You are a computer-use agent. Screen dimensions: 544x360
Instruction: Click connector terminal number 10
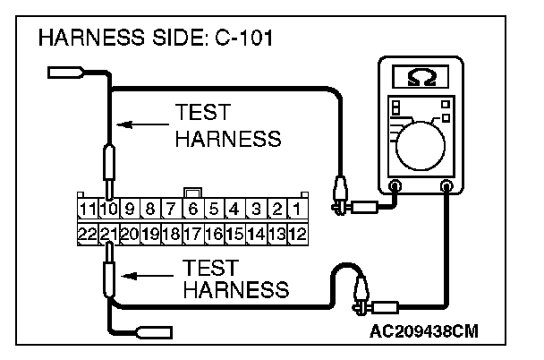[x=107, y=211]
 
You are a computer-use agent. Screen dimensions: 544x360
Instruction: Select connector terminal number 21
[x=107, y=234]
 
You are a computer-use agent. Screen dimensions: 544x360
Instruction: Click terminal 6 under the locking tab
[x=192, y=211]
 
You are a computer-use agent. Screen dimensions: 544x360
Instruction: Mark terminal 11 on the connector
[x=86, y=211]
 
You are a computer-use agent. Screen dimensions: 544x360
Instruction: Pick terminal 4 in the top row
[x=234, y=211]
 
